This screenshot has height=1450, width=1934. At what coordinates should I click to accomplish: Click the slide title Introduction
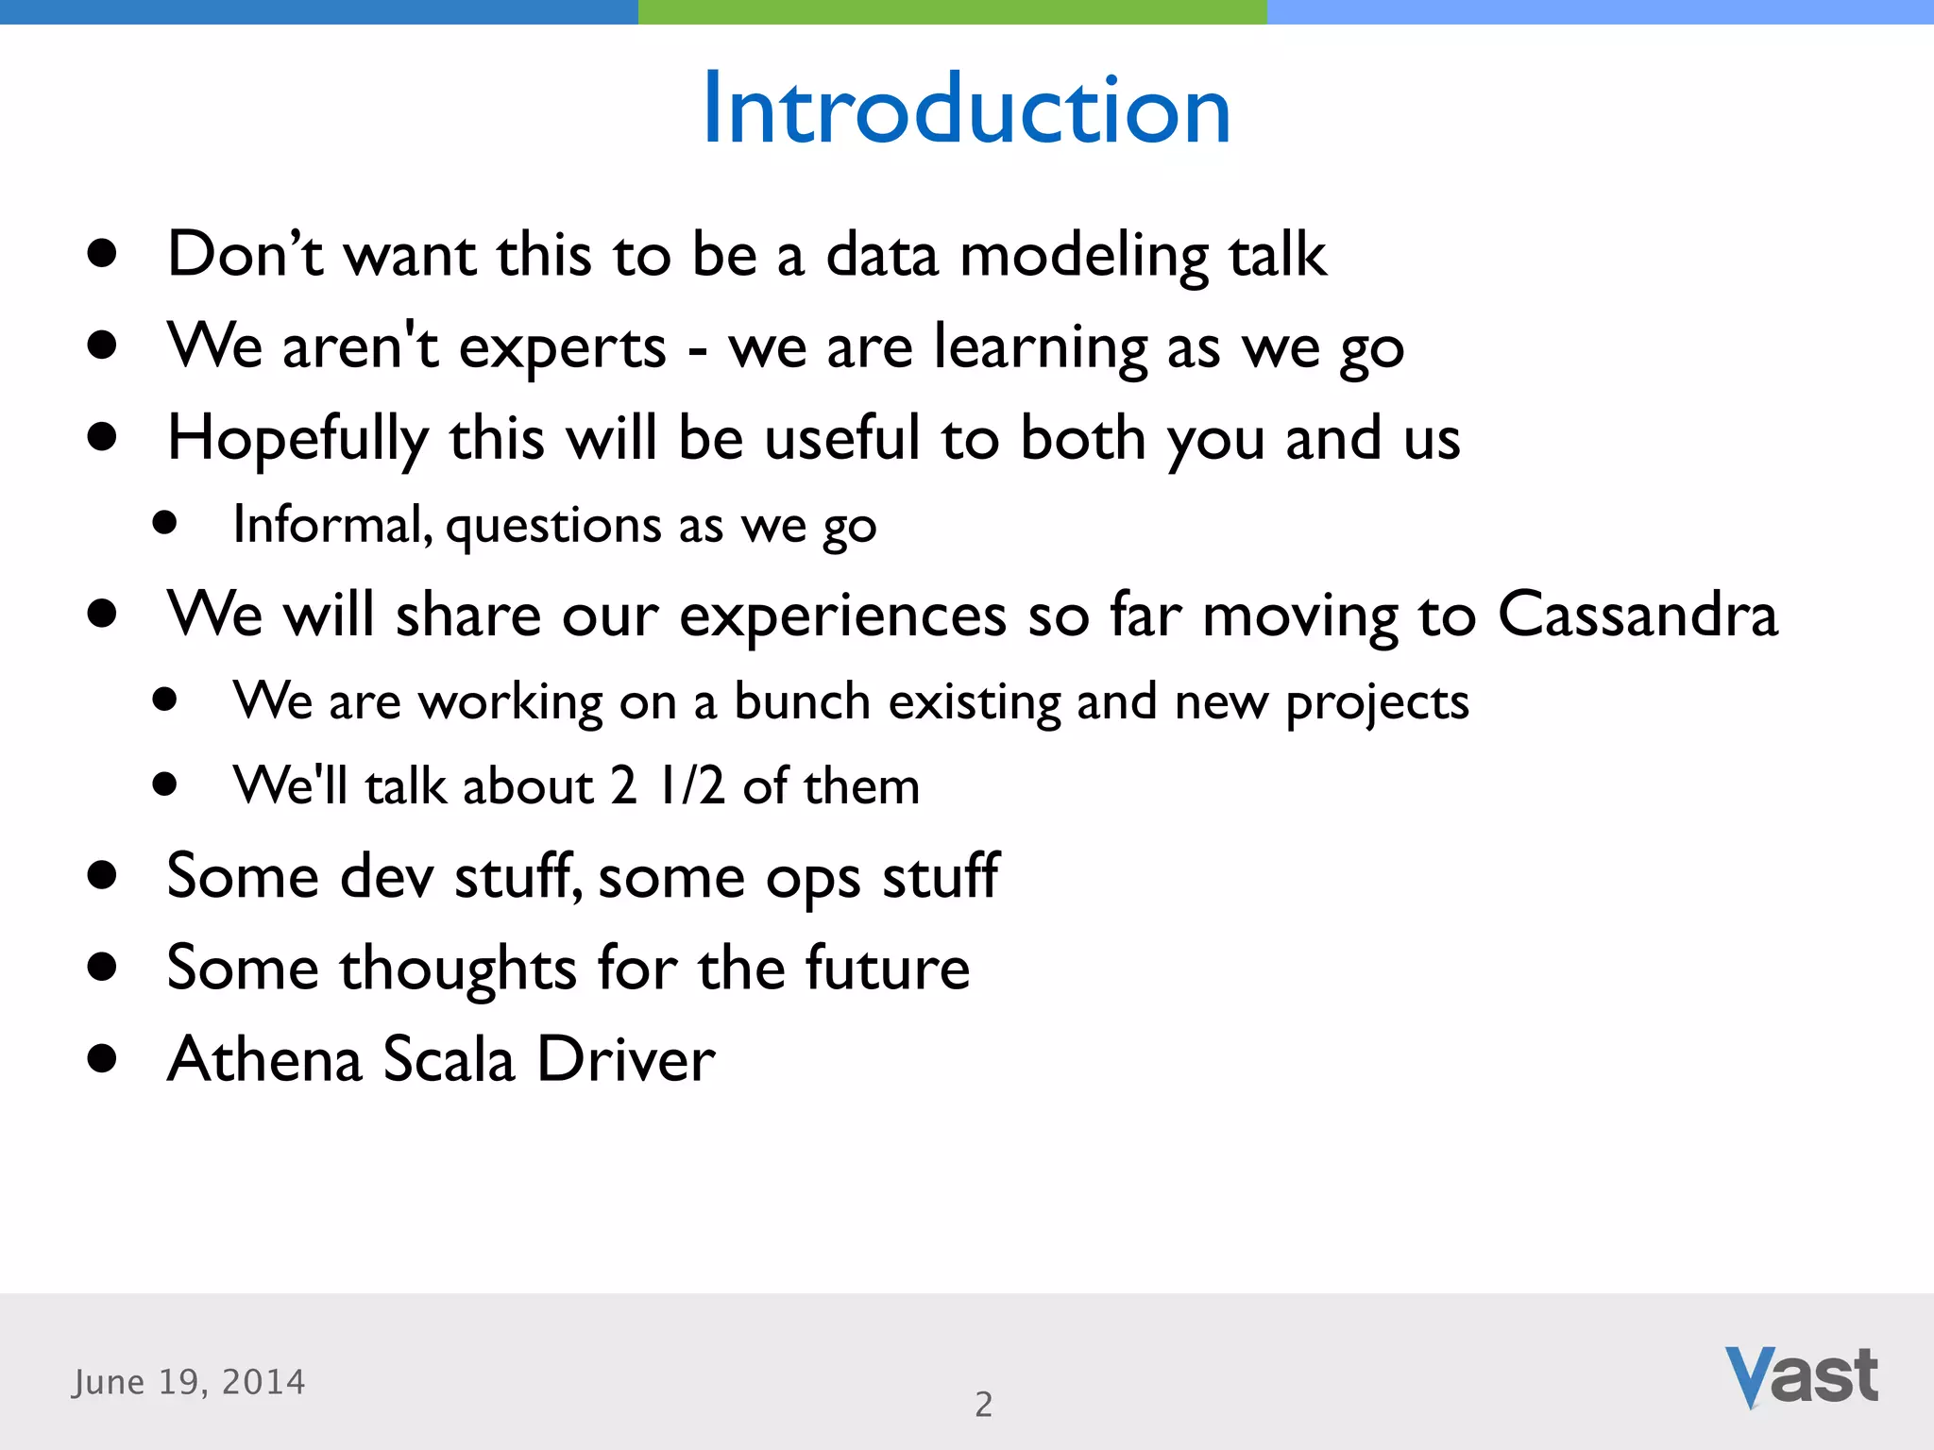[966, 110]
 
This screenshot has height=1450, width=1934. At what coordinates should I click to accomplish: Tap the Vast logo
[1801, 1376]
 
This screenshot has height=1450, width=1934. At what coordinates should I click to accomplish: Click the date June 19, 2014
[189, 1382]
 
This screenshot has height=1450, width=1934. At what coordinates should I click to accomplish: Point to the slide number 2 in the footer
[983, 1405]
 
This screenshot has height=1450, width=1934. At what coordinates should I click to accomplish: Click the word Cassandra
[1637, 615]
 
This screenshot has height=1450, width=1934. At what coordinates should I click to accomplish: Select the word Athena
[264, 1059]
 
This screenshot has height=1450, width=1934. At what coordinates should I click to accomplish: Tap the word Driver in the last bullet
[626, 1059]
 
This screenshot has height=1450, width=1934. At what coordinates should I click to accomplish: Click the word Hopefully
[297, 440]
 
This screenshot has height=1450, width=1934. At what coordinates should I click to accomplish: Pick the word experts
[563, 347]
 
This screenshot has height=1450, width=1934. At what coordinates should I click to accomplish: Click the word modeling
[1084, 257]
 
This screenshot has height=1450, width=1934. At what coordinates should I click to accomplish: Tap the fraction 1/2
[691, 785]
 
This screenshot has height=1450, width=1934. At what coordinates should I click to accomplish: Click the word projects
[1377, 703]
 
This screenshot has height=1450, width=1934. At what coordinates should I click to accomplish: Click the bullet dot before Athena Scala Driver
[101, 1059]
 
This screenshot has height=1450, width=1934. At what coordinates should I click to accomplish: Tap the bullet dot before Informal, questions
[165, 524]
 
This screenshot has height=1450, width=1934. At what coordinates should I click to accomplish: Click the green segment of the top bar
[952, 11]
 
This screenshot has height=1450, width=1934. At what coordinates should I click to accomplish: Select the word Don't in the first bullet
[245, 255]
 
